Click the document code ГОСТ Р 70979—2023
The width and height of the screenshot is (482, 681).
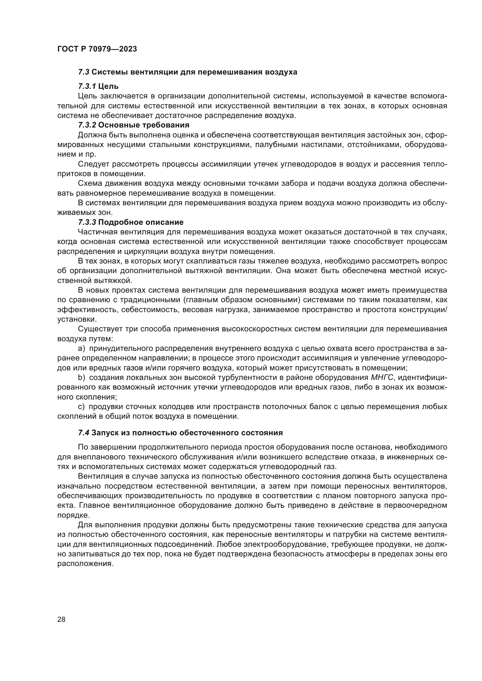tap(97, 49)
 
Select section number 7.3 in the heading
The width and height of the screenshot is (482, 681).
tap(84, 72)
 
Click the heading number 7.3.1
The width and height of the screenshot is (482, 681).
tap(87, 86)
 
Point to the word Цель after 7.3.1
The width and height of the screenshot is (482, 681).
tap(108, 86)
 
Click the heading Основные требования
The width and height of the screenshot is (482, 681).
tap(144, 125)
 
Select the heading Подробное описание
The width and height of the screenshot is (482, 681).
tap(141, 222)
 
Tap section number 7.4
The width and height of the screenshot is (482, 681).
tap(83, 433)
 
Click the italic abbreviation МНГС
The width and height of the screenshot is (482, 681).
tap(382, 378)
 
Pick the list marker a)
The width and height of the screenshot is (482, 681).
tap(82, 349)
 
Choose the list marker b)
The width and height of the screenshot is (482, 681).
tap(82, 378)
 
